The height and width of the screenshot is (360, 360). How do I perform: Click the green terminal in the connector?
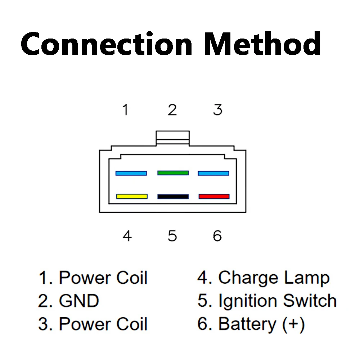[x=173, y=173]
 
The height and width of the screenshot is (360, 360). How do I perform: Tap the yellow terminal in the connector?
[x=132, y=196]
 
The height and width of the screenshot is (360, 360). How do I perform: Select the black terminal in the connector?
[x=173, y=197]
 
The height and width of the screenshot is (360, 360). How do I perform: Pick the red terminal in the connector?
[x=214, y=196]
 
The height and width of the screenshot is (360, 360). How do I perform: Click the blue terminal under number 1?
[x=131, y=173]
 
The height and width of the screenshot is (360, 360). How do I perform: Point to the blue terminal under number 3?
[x=213, y=173]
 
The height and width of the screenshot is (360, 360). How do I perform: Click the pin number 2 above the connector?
[x=172, y=110]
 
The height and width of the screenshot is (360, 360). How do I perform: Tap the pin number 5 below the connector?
[x=172, y=236]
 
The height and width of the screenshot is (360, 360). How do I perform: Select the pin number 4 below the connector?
[x=127, y=236]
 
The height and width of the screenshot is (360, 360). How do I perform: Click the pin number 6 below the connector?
[x=217, y=236]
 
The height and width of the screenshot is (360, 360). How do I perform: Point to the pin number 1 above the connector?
[x=125, y=110]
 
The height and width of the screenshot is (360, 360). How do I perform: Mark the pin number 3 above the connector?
[x=218, y=110]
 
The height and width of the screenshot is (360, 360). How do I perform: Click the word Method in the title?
[x=263, y=44]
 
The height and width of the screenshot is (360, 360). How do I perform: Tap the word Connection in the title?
[x=107, y=44]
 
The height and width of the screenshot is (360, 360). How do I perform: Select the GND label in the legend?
[x=79, y=301]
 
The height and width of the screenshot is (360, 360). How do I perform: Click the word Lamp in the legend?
[x=307, y=278]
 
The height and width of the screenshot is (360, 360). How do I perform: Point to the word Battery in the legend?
[x=247, y=324]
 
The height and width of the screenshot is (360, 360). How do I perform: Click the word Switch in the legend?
[x=310, y=300]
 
